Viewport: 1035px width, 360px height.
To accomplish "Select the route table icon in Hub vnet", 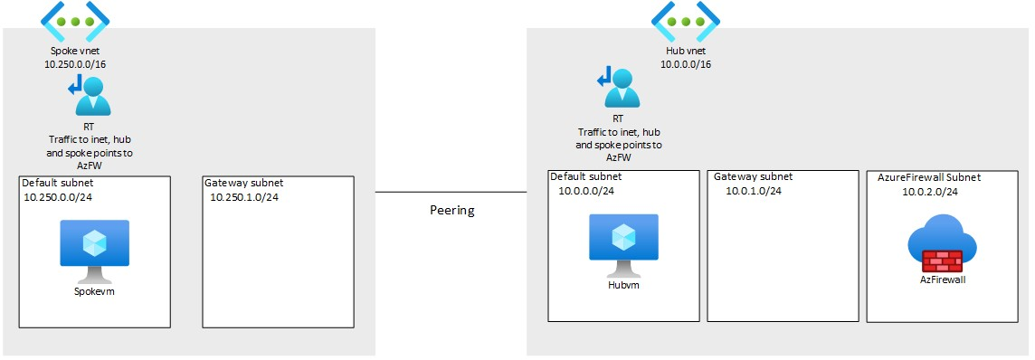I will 617,88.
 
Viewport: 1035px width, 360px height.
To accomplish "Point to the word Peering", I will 451,210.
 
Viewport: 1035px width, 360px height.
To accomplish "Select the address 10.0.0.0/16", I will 685,64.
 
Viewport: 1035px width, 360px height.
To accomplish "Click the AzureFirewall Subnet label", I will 928,177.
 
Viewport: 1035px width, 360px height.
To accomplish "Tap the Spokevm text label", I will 94,291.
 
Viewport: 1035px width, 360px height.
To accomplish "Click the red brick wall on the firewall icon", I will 942,261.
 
